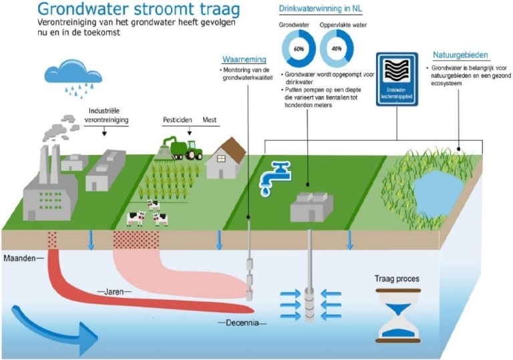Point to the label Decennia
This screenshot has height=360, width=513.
(242, 323)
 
